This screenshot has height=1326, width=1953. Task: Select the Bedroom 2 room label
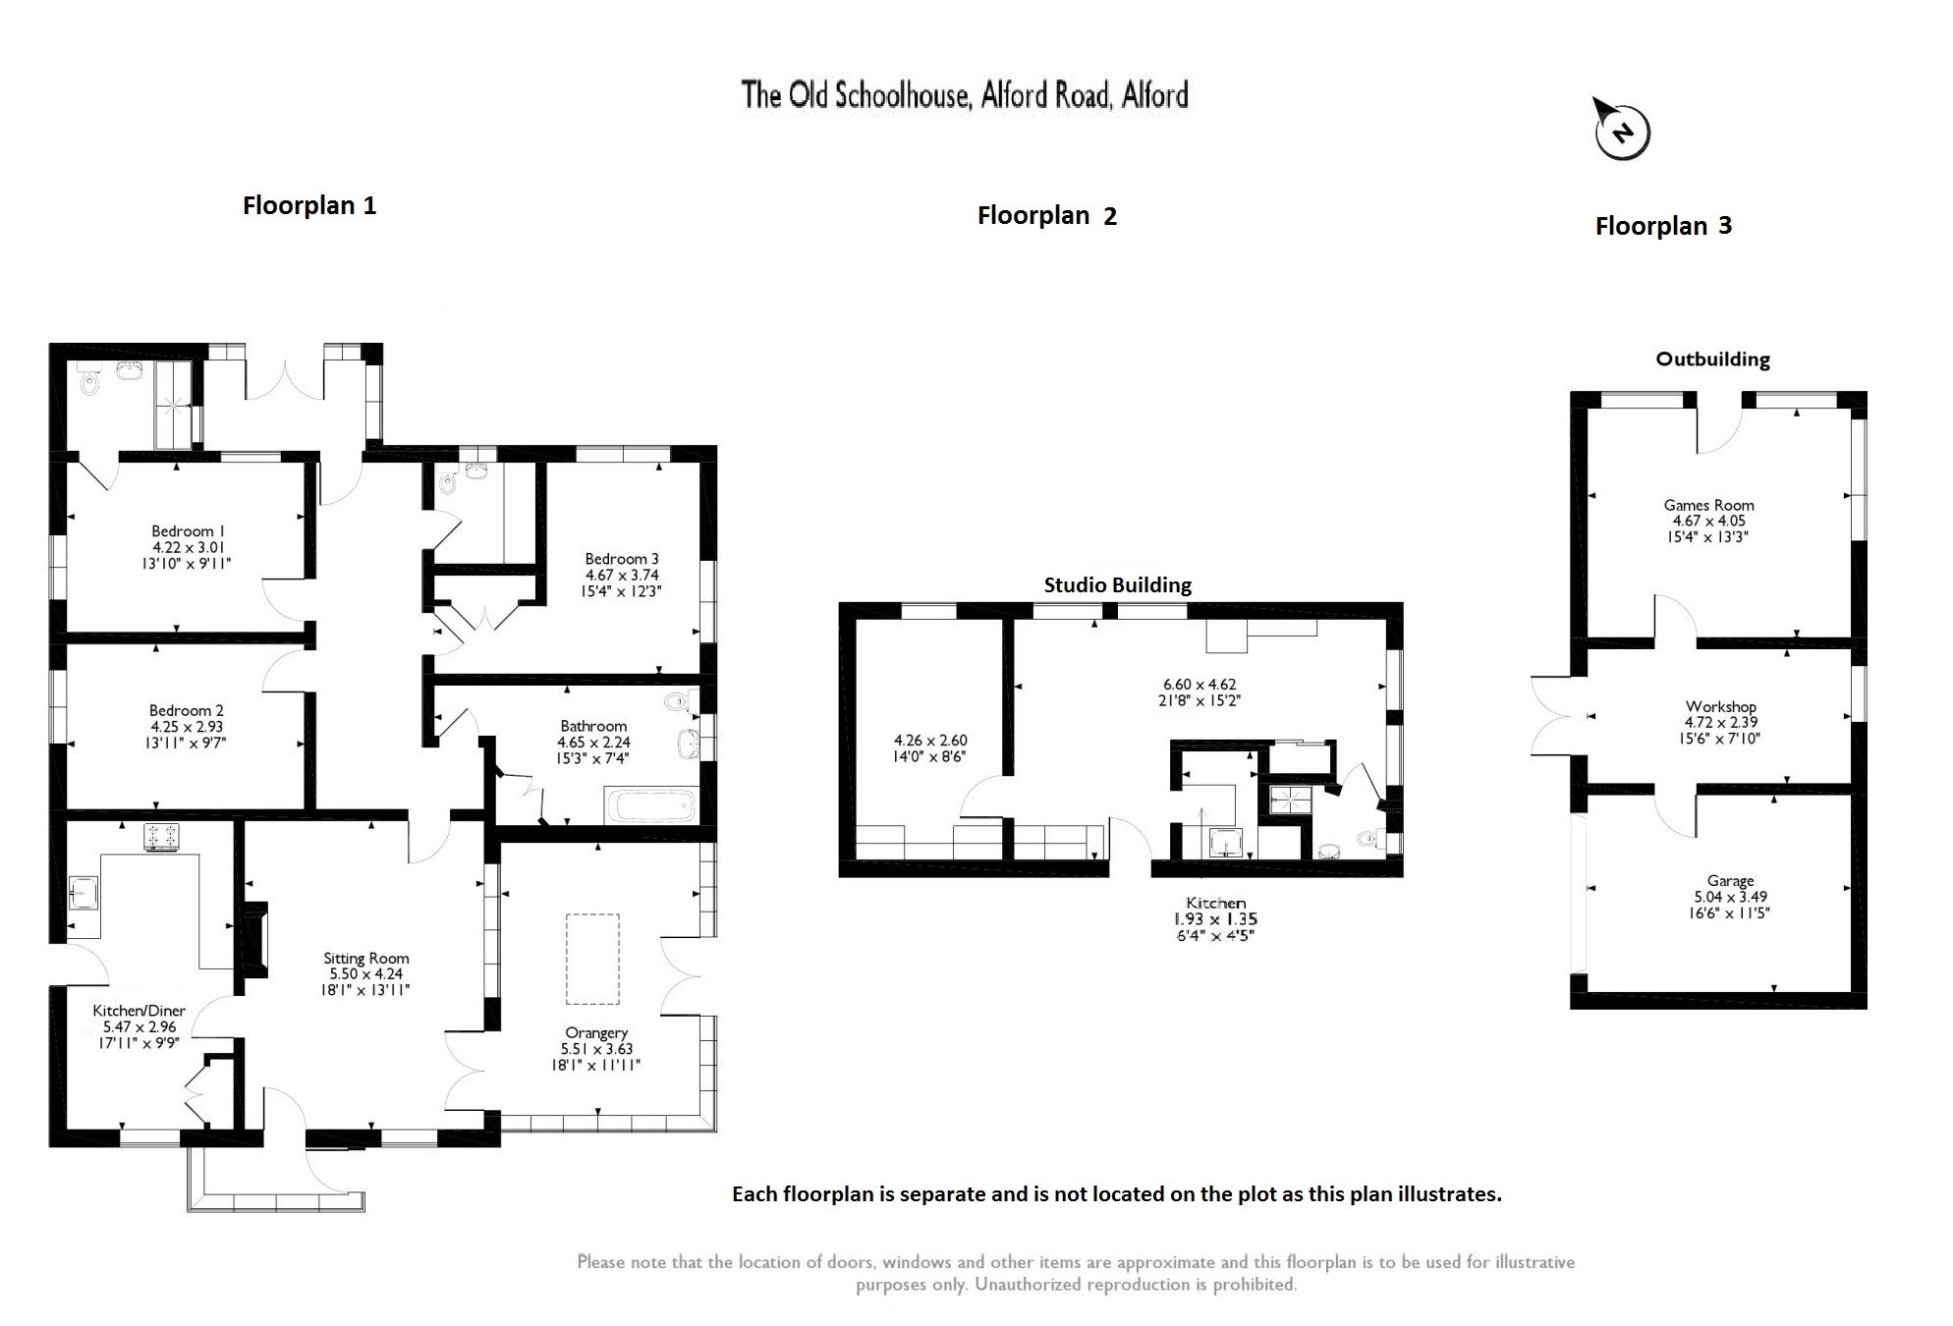pos(187,710)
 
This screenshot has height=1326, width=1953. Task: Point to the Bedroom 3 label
pos(622,559)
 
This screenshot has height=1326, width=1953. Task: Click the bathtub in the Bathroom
pos(650,806)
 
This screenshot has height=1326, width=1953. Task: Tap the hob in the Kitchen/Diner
pos(162,835)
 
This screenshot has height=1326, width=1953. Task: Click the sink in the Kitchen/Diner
pos(83,893)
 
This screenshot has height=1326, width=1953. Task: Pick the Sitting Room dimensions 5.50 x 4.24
pos(366,974)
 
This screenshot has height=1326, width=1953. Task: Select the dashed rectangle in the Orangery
pos(592,959)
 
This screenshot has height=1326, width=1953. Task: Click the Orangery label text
pos(596,1032)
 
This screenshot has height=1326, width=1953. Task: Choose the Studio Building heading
pos(1117,585)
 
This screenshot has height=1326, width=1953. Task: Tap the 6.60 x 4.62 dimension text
pos(1200,685)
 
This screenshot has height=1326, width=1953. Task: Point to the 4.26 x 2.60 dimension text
pos(929,741)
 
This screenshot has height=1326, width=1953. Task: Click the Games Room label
pos(1708,505)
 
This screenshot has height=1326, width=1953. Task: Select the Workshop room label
pos(1720,706)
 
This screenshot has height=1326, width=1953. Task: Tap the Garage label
pos(1730,881)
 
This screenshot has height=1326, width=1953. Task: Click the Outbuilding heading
pos(1712,359)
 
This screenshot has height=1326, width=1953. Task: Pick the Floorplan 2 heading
pos(1046,216)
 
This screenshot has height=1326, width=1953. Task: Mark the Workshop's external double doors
pos(1553,716)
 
